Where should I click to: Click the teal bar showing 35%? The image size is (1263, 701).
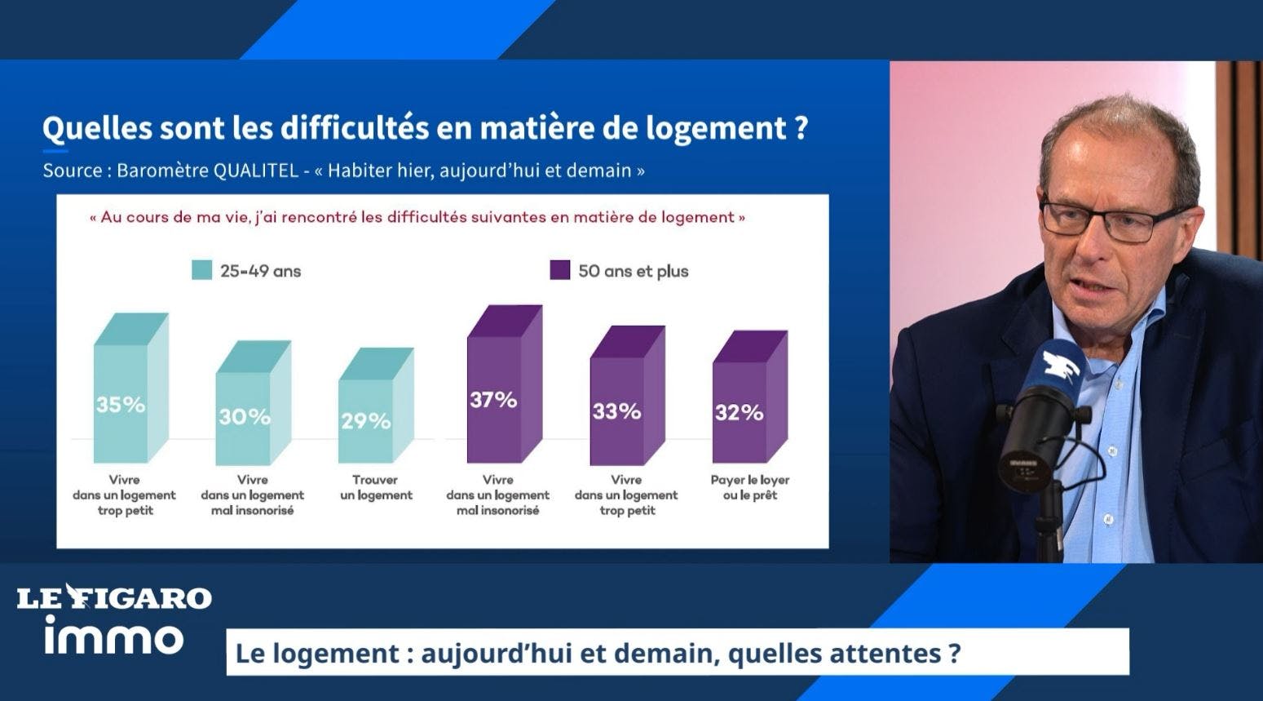[x=130, y=388]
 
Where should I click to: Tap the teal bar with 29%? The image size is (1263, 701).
[x=376, y=406]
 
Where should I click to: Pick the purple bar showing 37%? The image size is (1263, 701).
[x=505, y=384]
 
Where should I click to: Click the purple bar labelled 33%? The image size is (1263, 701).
[x=628, y=395]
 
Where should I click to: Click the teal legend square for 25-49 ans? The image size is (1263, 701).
[x=202, y=270]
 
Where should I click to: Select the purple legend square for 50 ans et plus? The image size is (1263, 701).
[x=560, y=270]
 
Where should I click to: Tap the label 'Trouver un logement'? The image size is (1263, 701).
[x=376, y=488]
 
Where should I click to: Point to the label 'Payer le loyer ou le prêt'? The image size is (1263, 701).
[x=750, y=488]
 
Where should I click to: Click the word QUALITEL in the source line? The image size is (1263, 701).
[x=255, y=171]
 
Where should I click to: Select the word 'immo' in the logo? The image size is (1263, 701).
[x=114, y=636]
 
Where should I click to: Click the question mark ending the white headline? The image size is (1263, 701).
[x=802, y=128]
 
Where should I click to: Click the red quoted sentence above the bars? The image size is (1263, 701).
[x=417, y=217]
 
